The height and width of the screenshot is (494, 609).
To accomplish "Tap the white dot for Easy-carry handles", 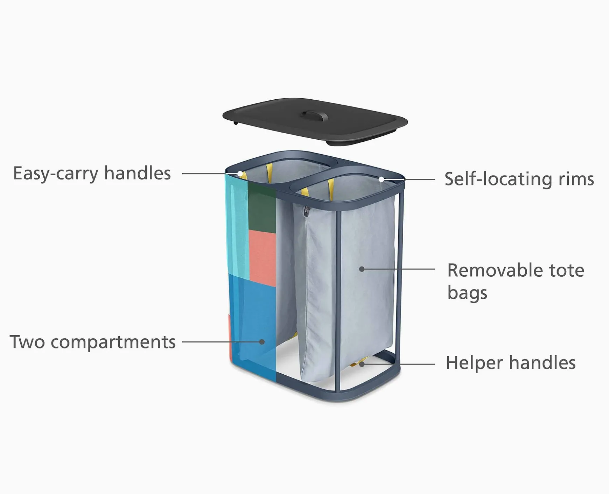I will [x=240, y=174].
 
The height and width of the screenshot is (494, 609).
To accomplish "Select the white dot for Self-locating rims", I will [x=381, y=179].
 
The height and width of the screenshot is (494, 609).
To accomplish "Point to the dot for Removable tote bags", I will [x=362, y=269].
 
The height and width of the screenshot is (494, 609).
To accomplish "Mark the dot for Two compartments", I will [x=262, y=342].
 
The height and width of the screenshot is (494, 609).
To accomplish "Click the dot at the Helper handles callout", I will [x=362, y=364].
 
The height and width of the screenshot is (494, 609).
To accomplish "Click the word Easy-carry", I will [x=55, y=174].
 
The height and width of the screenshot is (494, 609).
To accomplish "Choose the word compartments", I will [x=113, y=342].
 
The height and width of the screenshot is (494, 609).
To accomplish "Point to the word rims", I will [x=576, y=179].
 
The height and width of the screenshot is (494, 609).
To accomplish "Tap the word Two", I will [x=27, y=342].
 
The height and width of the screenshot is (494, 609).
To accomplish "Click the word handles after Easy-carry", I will [x=137, y=174].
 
